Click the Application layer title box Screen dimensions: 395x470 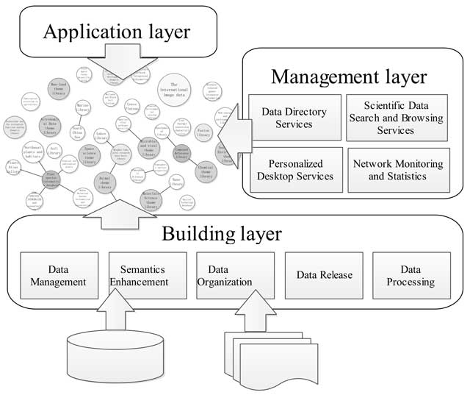click(x=117, y=32)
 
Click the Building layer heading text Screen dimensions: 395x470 click(x=221, y=234)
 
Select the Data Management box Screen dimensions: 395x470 click(x=58, y=275)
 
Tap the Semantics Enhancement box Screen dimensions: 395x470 click(x=146, y=275)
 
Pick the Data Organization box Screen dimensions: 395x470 click(x=235, y=275)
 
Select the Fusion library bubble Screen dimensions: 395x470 click(x=204, y=135)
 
